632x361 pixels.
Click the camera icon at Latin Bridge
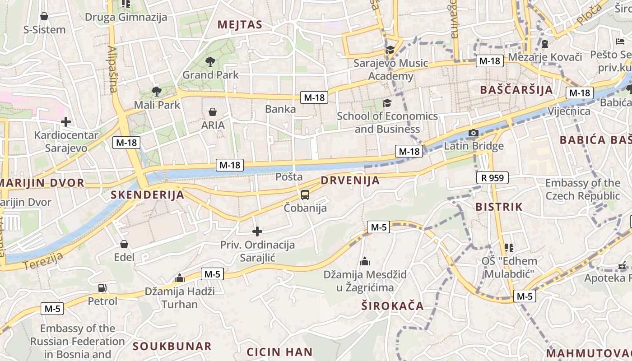click(473, 133)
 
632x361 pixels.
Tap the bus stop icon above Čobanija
click(305, 195)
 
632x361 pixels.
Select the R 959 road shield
click(492, 178)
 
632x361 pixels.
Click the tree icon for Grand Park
click(210, 61)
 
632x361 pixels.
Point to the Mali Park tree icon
click(156, 92)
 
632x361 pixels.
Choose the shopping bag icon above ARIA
click(212, 112)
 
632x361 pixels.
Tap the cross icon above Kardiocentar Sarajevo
click(66, 122)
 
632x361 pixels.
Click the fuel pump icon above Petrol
click(102, 287)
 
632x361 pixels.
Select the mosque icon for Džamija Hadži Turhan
click(180, 278)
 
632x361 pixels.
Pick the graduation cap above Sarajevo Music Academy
click(390, 50)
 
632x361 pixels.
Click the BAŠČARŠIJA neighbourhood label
click(516, 90)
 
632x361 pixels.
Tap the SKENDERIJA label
click(147, 195)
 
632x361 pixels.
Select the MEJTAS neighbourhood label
click(240, 25)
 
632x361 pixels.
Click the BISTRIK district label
click(499, 207)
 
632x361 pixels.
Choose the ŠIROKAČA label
click(392, 306)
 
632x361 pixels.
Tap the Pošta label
click(289, 177)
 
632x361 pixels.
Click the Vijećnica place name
click(569, 111)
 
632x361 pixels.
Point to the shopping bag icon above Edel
click(124, 244)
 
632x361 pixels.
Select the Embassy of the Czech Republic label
click(582, 190)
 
